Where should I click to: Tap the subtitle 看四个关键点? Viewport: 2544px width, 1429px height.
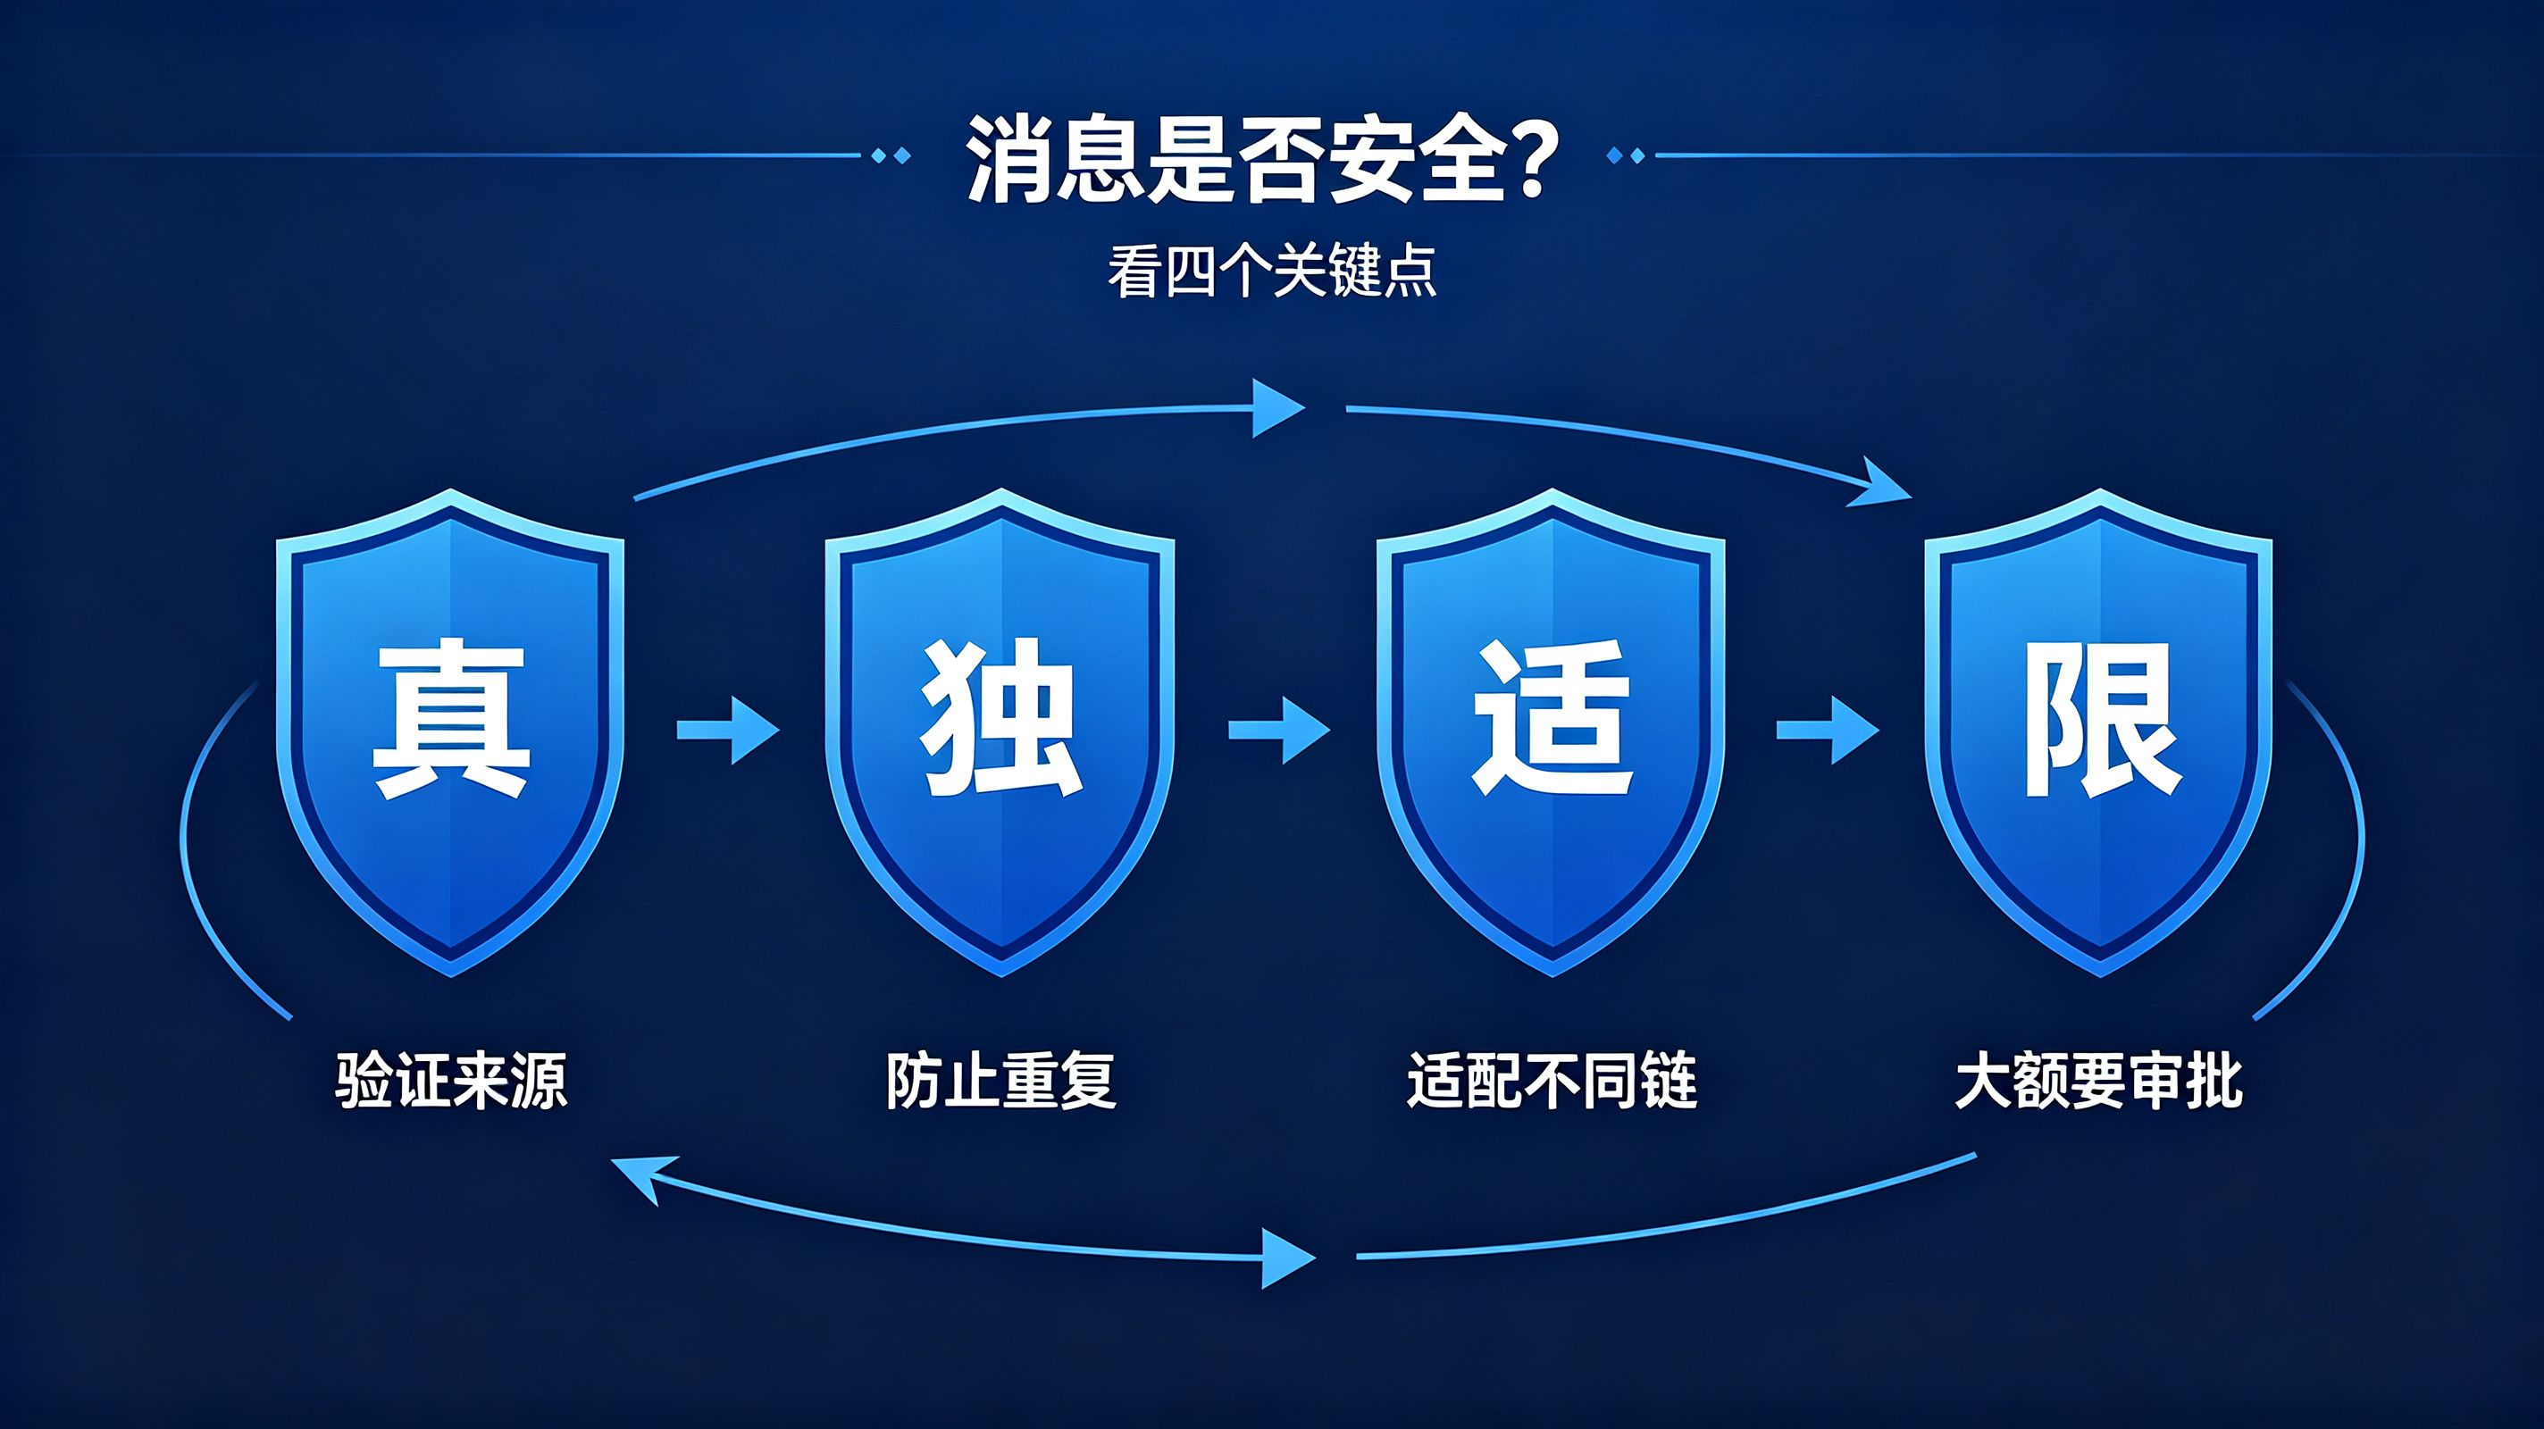pos(1271,272)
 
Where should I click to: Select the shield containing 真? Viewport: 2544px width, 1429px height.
pos(450,731)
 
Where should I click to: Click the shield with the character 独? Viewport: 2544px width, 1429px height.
pos(1000,731)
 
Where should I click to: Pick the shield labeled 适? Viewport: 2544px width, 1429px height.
pos(1551,731)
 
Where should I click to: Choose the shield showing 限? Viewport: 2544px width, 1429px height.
pos(2099,731)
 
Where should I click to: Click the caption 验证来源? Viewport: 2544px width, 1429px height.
pos(451,1082)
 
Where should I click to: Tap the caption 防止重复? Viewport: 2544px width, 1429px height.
pos(1000,1082)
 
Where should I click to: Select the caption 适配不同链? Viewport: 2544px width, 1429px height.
pos(1552,1082)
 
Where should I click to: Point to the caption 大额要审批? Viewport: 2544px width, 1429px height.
pos(2099,1082)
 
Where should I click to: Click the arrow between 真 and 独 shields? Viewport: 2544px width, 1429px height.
pos(728,731)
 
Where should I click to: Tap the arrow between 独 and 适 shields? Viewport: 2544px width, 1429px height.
pos(1279,731)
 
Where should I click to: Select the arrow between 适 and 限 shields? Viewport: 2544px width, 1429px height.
pos(1828,731)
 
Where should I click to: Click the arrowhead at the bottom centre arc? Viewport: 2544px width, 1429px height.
pos(1289,1258)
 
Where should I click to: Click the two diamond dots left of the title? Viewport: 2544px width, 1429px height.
pos(892,155)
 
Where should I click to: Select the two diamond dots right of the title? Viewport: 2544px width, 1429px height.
pos(1627,155)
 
